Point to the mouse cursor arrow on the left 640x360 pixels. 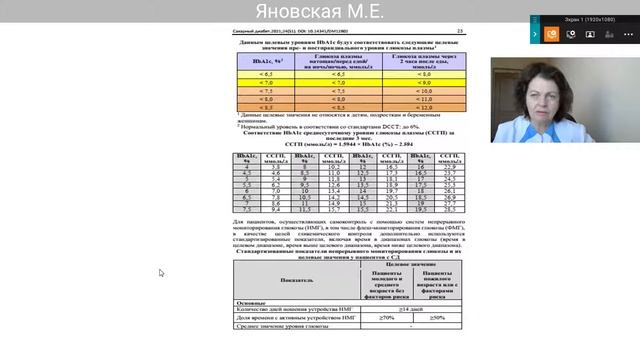(x=161, y=272)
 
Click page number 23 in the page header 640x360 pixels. (x=459, y=30)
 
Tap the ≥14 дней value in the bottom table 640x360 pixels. (x=398, y=308)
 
